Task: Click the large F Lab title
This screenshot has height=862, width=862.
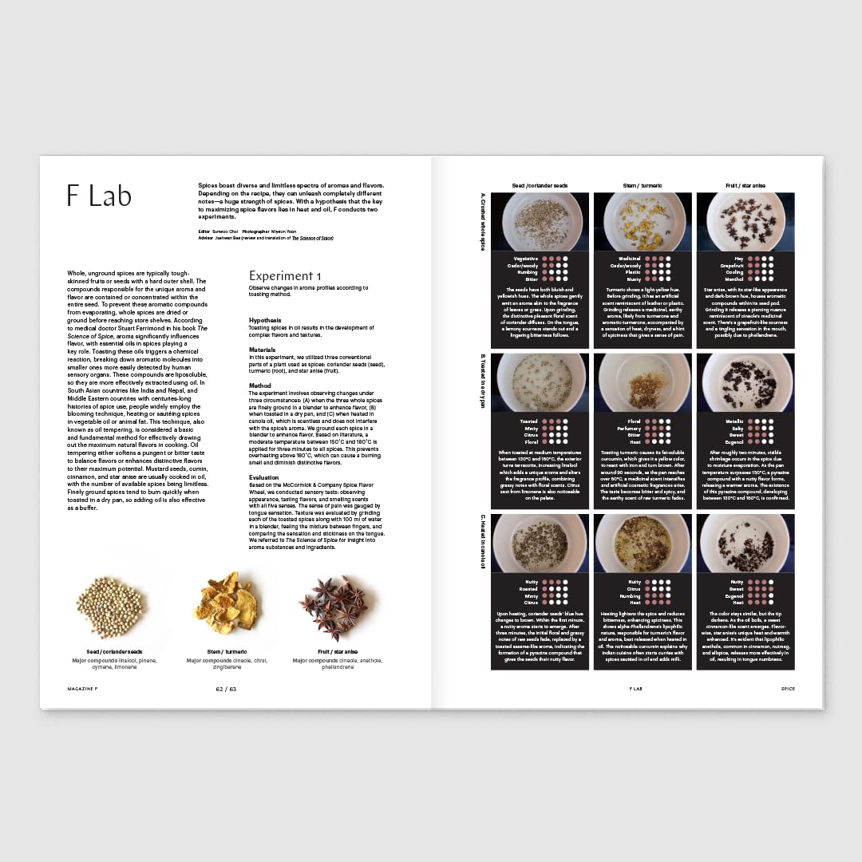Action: pos(99,196)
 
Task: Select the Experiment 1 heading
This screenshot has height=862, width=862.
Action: pos(285,276)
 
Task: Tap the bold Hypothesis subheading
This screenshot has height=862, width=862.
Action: pos(265,319)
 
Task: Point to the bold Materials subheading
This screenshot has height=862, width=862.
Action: pos(262,349)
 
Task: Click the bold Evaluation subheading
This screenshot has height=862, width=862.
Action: pos(264,476)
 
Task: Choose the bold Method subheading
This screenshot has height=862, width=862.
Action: pos(260,386)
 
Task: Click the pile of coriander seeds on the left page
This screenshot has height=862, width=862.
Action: pos(109,607)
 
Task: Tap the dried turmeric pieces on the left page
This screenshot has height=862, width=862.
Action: pos(227,603)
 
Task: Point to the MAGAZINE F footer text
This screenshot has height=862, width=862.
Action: pos(83,688)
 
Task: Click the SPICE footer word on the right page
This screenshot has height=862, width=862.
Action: pos(788,688)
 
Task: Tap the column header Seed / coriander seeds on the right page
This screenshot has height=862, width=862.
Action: pos(540,186)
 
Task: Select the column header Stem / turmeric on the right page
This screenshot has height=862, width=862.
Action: pos(642,186)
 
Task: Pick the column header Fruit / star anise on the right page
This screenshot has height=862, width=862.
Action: pos(745,186)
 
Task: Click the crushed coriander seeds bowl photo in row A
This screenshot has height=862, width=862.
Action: pos(540,222)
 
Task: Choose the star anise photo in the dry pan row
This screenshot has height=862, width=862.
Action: pos(745,382)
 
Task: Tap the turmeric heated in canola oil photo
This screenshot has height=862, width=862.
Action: pos(642,543)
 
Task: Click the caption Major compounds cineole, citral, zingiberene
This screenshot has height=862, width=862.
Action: pos(227,664)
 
